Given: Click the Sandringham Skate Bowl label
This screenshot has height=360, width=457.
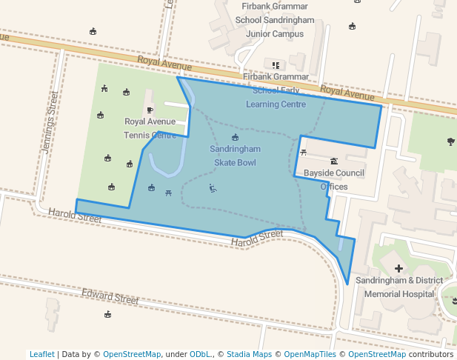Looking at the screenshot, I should click(x=235, y=155).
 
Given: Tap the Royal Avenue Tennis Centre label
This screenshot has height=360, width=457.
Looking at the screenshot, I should click(x=150, y=127).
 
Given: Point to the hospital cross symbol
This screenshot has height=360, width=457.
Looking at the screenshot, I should click(x=399, y=268).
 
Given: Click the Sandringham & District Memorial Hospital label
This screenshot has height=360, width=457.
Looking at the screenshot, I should click(x=399, y=287).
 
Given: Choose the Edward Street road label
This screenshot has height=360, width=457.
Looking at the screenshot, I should click(x=110, y=297).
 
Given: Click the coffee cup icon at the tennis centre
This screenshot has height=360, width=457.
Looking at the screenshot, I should click(x=150, y=110).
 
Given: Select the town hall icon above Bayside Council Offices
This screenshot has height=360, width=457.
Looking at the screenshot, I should click(x=334, y=161).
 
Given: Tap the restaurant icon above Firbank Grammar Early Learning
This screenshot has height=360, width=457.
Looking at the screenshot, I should click(x=276, y=65).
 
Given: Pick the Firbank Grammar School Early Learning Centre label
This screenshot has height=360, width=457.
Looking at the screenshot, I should click(x=276, y=90).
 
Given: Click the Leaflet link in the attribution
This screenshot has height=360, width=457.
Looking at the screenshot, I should click(x=41, y=354).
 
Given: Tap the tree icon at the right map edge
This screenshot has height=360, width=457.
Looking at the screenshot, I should click(x=451, y=141).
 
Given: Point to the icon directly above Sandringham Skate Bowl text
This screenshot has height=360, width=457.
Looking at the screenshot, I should click(x=236, y=138).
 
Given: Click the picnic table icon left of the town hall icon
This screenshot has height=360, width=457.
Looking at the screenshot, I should click(x=304, y=153).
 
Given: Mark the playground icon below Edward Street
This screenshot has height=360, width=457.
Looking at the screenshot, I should click(x=108, y=314).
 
